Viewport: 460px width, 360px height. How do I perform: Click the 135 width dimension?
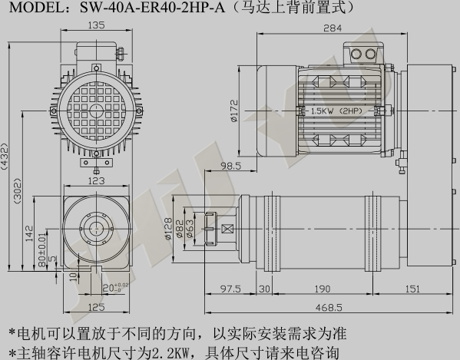click(x=96, y=25)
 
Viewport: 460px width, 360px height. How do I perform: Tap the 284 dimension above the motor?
click(x=333, y=28)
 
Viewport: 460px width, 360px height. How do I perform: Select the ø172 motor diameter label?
click(x=235, y=111)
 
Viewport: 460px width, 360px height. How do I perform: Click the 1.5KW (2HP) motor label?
click(x=336, y=111)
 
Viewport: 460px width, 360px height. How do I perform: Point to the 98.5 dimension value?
click(x=230, y=167)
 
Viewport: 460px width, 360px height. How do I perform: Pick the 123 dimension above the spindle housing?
click(x=96, y=181)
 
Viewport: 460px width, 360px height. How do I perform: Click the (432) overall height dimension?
click(x=5, y=157)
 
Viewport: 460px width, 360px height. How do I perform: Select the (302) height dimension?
click(x=18, y=191)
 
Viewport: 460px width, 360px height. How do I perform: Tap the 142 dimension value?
click(x=30, y=233)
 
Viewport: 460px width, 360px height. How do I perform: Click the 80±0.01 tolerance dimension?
click(x=42, y=249)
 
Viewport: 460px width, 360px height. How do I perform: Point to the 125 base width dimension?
click(x=96, y=307)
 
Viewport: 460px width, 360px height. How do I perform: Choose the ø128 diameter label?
click(x=168, y=229)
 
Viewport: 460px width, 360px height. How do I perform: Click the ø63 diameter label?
click(x=190, y=229)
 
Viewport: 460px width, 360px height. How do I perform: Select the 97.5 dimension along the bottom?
click(x=230, y=289)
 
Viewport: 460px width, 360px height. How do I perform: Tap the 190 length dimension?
click(x=322, y=289)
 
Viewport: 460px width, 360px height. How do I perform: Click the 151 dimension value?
click(x=412, y=289)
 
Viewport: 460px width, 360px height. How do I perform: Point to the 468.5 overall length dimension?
click(x=329, y=308)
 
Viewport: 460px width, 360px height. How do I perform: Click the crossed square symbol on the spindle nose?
click(x=227, y=229)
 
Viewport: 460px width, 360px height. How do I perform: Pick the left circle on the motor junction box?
click(x=357, y=54)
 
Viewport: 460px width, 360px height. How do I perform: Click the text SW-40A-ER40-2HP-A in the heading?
click(x=152, y=7)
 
